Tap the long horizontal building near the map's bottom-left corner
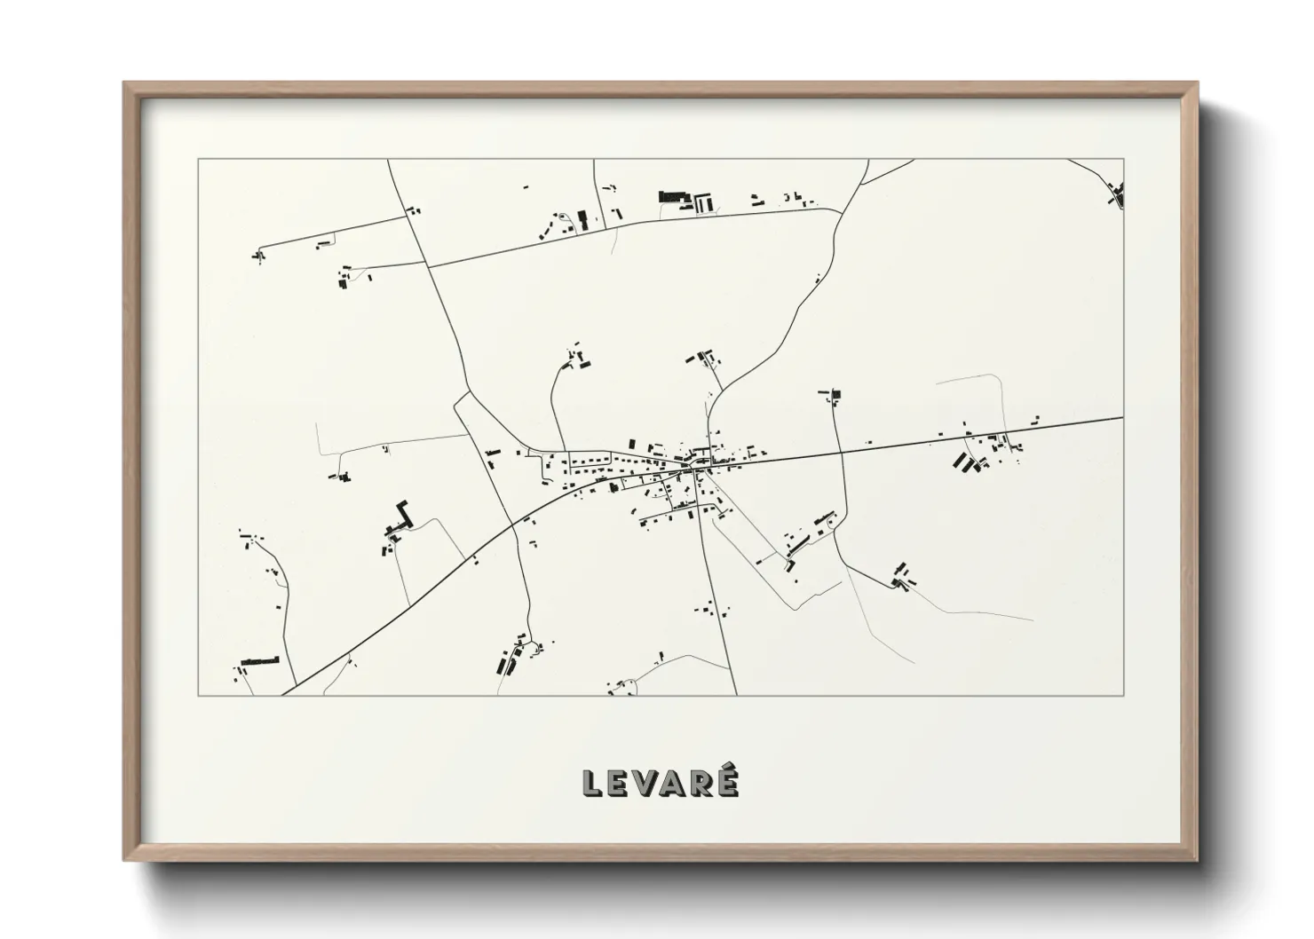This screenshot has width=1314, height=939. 259,661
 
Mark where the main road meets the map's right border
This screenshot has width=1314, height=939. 1122,417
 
